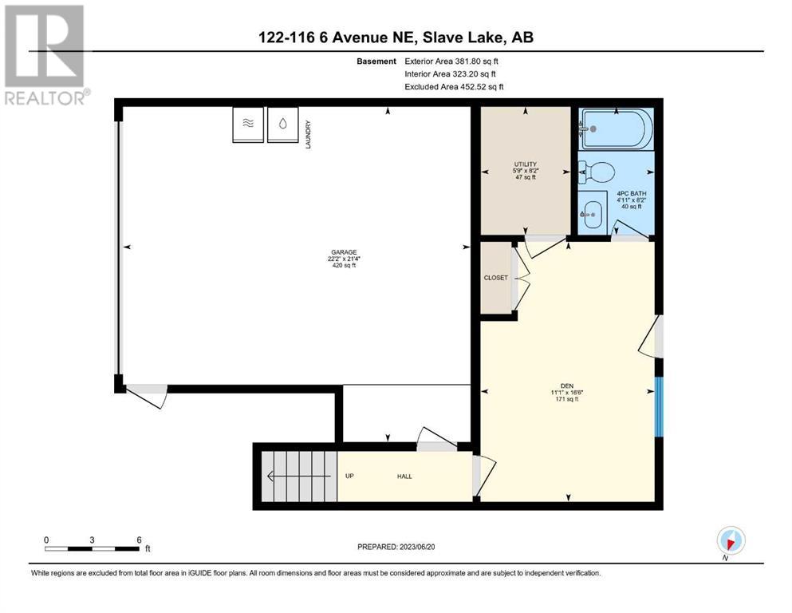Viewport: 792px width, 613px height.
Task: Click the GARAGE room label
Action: [x=344, y=252]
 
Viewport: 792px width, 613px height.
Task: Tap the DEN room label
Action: [x=567, y=386]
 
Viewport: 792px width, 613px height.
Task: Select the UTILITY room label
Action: [x=526, y=164]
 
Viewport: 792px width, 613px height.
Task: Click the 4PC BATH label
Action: [x=632, y=193]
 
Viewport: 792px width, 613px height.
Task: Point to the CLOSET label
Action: [x=495, y=278]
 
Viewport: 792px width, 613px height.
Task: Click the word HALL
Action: [x=404, y=476]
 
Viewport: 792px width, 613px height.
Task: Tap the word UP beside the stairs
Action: [x=349, y=476]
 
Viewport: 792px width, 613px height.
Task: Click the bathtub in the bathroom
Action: [x=616, y=129]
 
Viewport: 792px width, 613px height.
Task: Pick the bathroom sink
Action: [x=592, y=214]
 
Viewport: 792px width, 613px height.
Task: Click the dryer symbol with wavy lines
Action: [x=248, y=125]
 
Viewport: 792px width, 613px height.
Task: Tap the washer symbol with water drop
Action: [x=283, y=125]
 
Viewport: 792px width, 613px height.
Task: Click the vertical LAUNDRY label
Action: [x=308, y=134]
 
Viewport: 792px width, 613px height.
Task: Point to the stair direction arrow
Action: [x=299, y=476]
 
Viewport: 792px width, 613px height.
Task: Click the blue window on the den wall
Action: [x=658, y=407]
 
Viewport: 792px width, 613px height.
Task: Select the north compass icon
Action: [x=731, y=540]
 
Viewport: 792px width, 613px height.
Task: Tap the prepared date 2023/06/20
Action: [x=416, y=547]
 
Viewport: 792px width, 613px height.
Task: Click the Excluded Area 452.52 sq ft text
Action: [x=454, y=87]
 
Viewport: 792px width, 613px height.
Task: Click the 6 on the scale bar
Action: [x=139, y=540]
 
